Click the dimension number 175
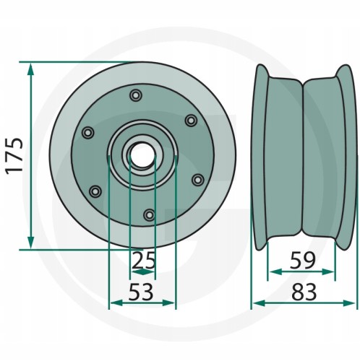tap(14, 156)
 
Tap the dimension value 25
tap(144, 261)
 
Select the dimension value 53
tap(141, 292)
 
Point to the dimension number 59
tap(303, 261)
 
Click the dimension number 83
tap(304, 292)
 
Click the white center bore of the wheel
tap(142, 156)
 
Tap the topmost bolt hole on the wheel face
tap(136, 95)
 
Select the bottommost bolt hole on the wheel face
tap(150, 214)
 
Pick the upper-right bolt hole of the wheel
tap(191, 120)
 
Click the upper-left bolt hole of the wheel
tap(88, 132)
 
